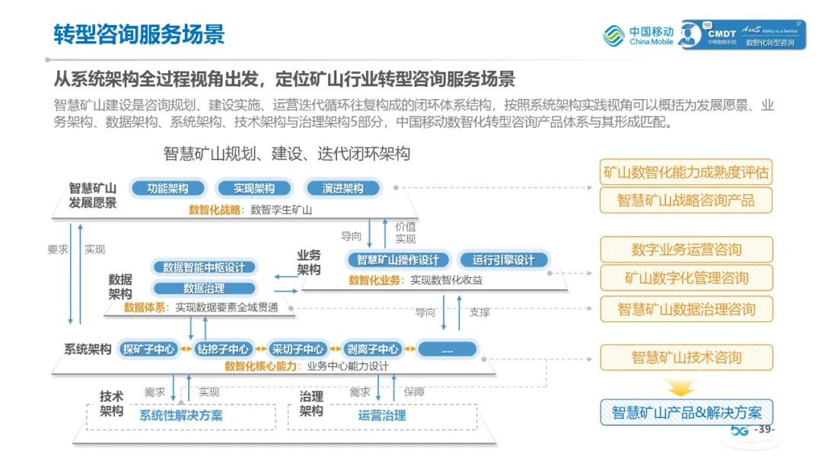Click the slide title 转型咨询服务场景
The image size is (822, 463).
[139, 34]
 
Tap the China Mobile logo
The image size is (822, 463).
[639, 35]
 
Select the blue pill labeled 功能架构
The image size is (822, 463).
[167, 188]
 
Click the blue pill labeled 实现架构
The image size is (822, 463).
[254, 188]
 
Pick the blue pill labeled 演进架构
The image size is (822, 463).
[342, 188]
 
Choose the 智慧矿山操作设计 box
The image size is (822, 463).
[399, 260]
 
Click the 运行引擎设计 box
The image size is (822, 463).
[503, 260]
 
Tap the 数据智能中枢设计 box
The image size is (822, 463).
[204, 267]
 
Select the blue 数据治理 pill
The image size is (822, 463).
[204, 289]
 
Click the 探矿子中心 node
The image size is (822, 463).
[148, 350]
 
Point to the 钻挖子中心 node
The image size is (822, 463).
[223, 350]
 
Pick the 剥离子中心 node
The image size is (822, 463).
[371, 350]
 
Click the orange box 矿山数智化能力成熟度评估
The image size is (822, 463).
[686, 172]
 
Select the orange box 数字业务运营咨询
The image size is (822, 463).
[686, 249]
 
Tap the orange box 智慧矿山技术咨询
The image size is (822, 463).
[686, 357]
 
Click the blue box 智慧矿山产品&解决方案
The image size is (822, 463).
[686, 412]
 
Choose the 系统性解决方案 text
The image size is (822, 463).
[181, 415]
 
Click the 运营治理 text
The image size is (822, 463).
[382, 415]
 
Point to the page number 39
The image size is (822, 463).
[763, 431]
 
